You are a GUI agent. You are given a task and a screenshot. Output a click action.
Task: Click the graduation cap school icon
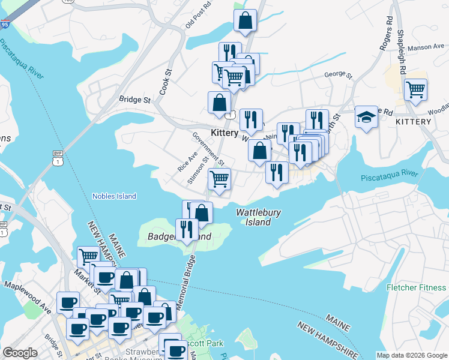[366, 118]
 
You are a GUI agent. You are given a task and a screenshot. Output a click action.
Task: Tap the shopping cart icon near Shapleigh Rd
[415, 90]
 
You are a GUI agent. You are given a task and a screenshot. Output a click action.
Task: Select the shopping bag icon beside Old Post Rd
[245, 20]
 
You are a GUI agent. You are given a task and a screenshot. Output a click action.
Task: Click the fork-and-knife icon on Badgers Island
[187, 229]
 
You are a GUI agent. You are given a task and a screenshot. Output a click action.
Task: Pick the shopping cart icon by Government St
[220, 178]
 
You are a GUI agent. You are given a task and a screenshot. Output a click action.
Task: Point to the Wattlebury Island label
[259, 217]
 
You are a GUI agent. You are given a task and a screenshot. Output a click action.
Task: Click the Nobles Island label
[114, 196]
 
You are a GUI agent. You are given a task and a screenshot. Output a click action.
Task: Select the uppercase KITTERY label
[414, 122]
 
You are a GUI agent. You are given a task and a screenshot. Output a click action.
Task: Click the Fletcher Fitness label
[417, 287]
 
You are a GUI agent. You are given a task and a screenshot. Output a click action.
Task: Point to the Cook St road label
[165, 85]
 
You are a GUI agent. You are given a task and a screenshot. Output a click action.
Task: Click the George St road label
[337, 75]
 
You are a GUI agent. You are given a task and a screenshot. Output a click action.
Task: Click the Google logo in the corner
[20, 353]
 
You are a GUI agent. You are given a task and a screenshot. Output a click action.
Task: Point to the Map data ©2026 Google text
[412, 355]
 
